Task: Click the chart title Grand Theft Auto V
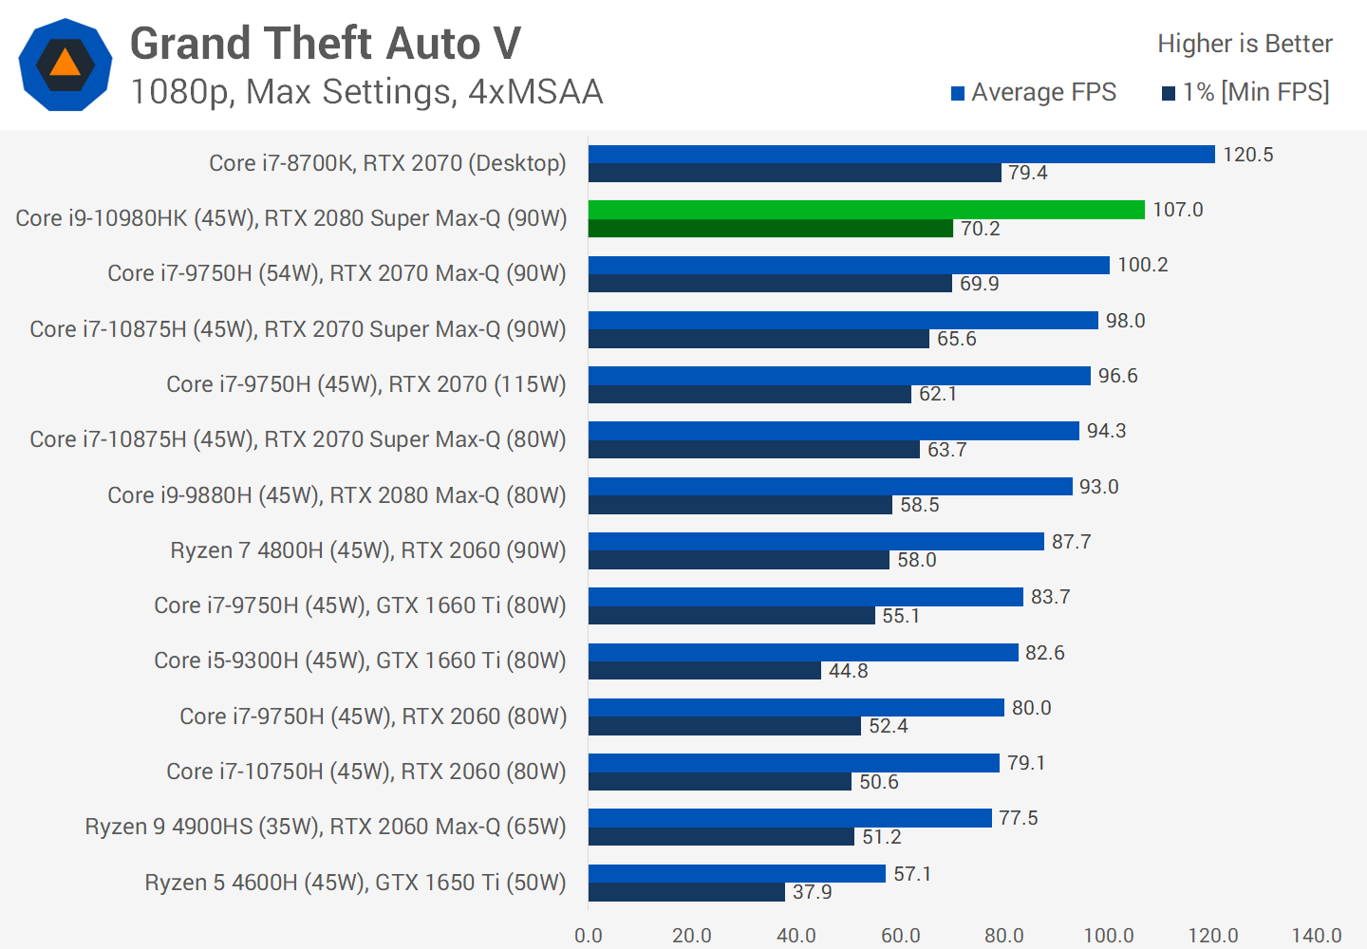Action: tap(325, 44)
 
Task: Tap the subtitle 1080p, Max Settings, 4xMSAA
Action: tap(366, 92)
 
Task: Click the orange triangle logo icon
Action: tap(65, 64)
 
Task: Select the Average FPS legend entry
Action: tap(1034, 92)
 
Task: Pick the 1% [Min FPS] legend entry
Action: tap(1245, 92)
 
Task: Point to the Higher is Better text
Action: tap(1245, 44)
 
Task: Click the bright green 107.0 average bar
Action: tap(866, 210)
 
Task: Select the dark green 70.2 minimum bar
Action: tap(770, 229)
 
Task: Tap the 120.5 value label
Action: tap(1247, 155)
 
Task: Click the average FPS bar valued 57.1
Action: tap(737, 873)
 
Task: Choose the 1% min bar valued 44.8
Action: tap(704, 671)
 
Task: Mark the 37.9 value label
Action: tap(812, 892)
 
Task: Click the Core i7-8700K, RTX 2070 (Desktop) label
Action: tap(387, 163)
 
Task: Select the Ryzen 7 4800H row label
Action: tap(367, 550)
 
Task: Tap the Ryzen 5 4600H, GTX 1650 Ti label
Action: tap(355, 883)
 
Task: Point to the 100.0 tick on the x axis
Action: tap(1109, 936)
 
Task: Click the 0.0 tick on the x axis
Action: tap(589, 936)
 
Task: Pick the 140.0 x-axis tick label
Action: tap(1317, 936)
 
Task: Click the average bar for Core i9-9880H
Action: tap(830, 486)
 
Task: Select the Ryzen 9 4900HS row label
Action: tap(325, 827)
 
